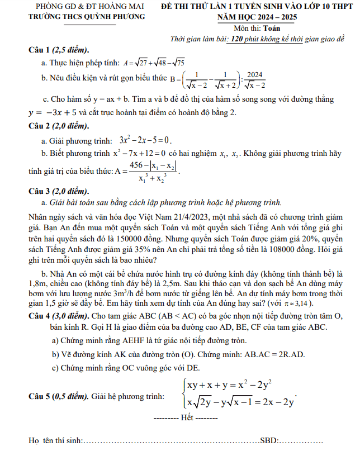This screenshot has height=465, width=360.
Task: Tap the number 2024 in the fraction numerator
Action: (255, 75)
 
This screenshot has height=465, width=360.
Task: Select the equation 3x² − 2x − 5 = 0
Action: (145, 140)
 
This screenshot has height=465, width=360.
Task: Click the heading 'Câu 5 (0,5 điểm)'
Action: (62, 396)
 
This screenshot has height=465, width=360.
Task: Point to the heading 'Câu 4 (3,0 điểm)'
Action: (61, 316)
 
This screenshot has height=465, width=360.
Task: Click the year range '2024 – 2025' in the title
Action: (277, 17)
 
